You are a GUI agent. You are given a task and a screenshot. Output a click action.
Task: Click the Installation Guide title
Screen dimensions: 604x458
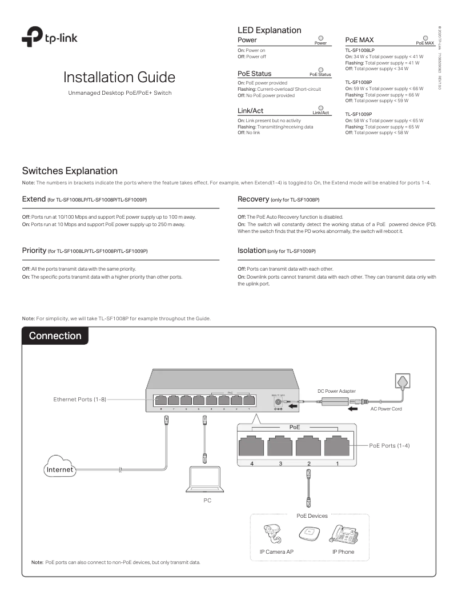point(119,78)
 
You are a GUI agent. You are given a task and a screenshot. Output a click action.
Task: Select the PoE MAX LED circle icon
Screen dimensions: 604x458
point(425,38)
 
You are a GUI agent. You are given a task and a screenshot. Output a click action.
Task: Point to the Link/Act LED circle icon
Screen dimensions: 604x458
point(321,107)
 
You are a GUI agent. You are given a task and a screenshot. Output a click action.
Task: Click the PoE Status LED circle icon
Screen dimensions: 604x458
point(320,70)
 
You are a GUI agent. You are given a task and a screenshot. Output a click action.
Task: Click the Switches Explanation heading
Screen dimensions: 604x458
point(70,171)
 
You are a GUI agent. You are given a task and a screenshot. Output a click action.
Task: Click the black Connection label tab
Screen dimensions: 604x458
point(55,336)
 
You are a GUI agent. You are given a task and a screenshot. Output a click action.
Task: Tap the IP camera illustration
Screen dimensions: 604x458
point(269,534)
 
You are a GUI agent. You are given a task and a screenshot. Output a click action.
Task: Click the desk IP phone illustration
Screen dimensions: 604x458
point(343,534)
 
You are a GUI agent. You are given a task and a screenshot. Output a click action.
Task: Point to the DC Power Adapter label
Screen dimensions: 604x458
point(336,390)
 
